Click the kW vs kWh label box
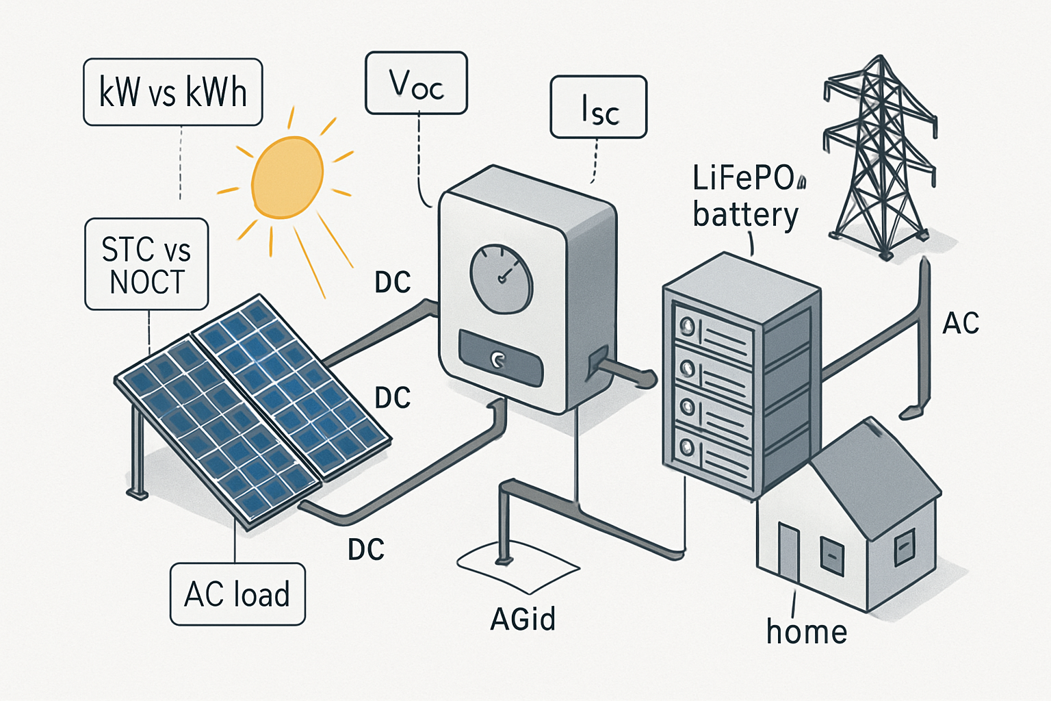172,92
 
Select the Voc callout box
416,83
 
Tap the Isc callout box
598,107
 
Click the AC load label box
237,594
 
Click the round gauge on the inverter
501,279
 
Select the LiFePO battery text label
746,196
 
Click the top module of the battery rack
712,330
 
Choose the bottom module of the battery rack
712,450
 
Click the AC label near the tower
961,324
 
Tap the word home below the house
807,631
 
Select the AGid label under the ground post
523,619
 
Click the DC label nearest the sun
393,282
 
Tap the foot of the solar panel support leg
138,493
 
